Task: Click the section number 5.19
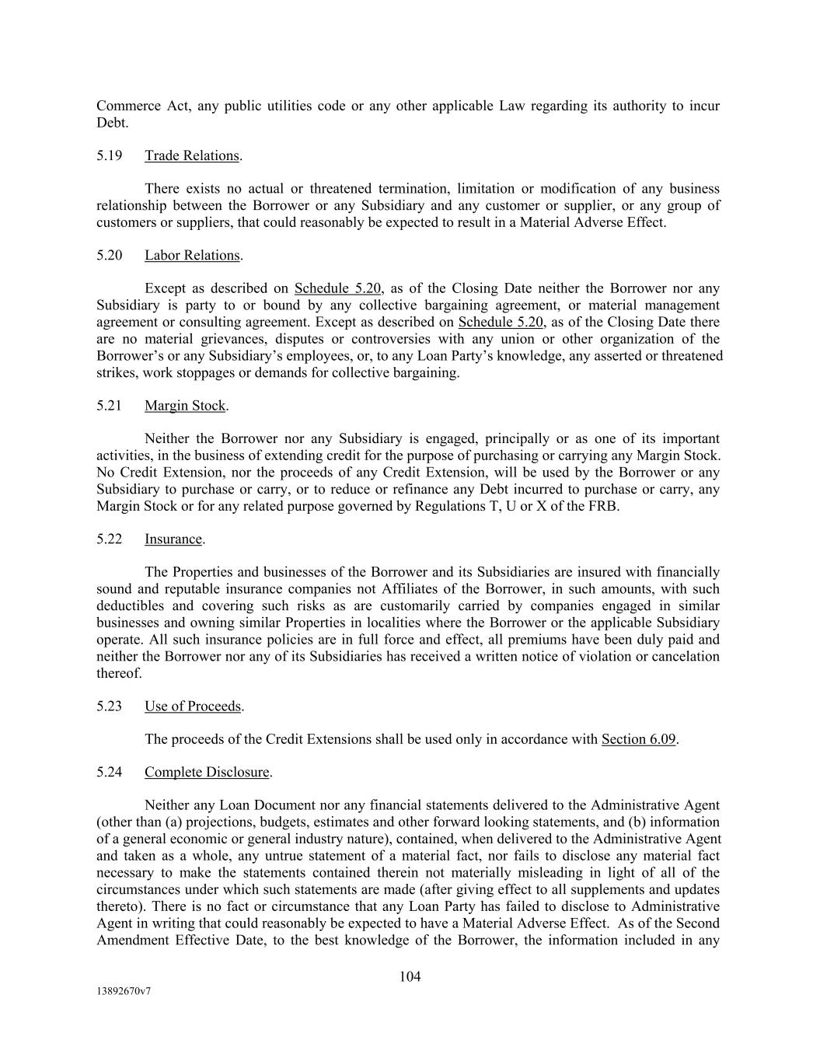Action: click(x=110, y=155)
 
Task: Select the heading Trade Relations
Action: click(x=192, y=155)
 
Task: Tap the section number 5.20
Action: click(x=110, y=255)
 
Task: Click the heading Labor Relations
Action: click(x=192, y=255)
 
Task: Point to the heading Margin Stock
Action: click(x=185, y=406)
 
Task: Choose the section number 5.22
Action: click(x=110, y=539)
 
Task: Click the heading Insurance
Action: click(x=173, y=539)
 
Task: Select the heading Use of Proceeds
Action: click(x=193, y=706)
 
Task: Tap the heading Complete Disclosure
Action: click(x=207, y=773)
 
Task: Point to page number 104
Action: click(x=410, y=976)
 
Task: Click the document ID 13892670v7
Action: click(x=124, y=991)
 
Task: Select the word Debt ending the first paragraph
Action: click(x=111, y=123)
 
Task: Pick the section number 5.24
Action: click(x=110, y=773)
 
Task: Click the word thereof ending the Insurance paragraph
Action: click(x=118, y=673)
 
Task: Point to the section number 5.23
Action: click(x=110, y=706)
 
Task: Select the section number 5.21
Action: click(x=110, y=406)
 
